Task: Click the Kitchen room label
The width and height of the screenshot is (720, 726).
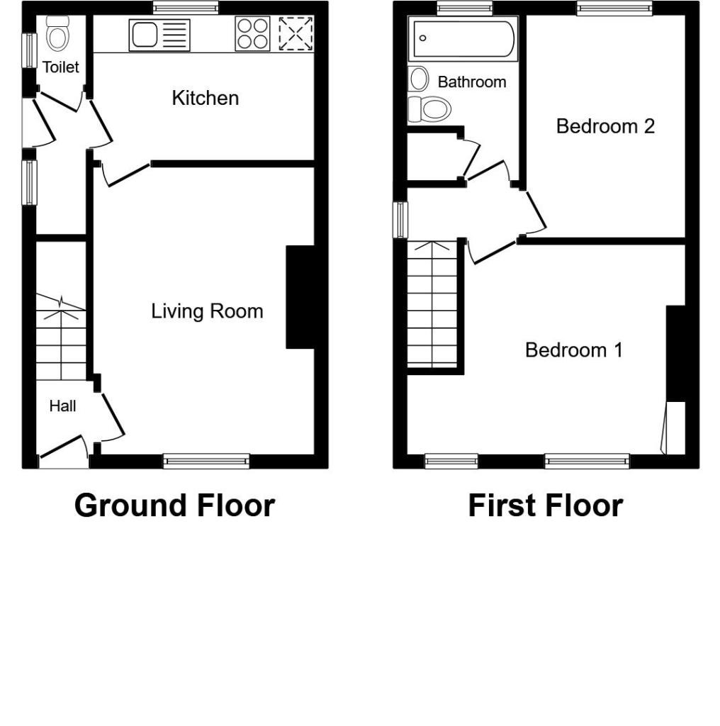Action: (x=205, y=98)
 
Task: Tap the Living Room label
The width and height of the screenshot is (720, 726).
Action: (x=207, y=311)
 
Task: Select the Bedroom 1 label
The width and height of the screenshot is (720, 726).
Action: (x=573, y=350)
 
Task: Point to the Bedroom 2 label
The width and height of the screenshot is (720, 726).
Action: (x=604, y=126)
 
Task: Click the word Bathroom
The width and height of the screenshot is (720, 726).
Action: (x=471, y=82)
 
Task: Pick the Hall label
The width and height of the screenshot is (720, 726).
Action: (x=62, y=406)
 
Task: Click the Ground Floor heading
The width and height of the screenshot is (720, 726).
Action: (x=174, y=506)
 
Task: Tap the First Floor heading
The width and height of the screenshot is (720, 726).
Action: (x=545, y=506)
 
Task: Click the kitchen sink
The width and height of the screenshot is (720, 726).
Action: (x=159, y=35)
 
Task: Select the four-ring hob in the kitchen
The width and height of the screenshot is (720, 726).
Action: (x=252, y=34)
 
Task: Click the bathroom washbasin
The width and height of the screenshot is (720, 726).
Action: (x=419, y=78)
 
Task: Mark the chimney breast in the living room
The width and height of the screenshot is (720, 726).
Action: (x=300, y=297)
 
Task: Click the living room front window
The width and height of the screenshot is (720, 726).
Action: (x=206, y=462)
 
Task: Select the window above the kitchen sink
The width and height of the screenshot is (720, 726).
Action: (x=186, y=8)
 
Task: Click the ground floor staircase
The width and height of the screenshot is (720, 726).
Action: (x=61, y=337)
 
